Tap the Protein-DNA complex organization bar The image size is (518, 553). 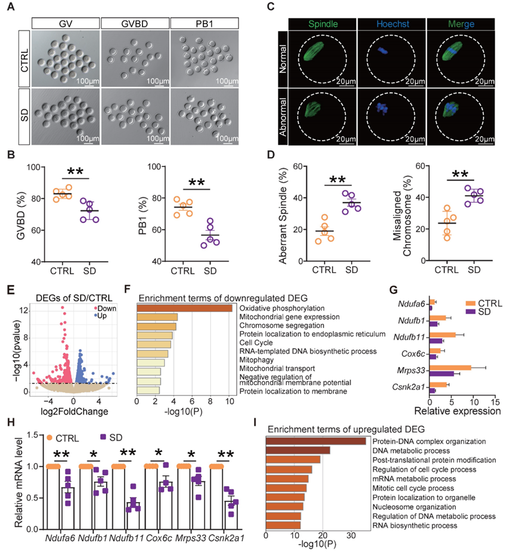(315, 441)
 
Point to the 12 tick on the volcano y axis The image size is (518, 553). (24, 310)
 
